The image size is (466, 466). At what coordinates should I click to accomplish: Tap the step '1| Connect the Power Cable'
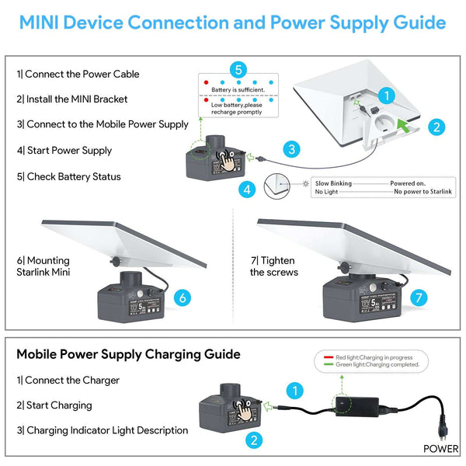click(78, 74)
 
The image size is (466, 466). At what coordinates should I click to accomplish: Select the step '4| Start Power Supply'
click(64, 150)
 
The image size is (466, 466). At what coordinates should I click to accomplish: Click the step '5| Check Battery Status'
click(69, 176)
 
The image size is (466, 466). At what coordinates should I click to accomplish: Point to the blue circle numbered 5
click(239, 68)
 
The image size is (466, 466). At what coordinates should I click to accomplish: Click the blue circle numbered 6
click(182, 297)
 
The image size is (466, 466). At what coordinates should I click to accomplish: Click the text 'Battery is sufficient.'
click(238, 90)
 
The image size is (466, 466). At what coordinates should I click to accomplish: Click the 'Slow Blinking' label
click(333, 183)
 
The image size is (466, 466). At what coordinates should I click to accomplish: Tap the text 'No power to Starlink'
click(420, 191)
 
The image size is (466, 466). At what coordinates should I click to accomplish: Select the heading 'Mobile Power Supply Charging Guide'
click(128, 354)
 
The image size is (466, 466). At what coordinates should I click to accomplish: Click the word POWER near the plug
click(440, 448)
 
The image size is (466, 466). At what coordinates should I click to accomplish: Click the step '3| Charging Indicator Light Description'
click(102, 429)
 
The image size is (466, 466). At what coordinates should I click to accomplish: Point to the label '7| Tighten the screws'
click(273, 266)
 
